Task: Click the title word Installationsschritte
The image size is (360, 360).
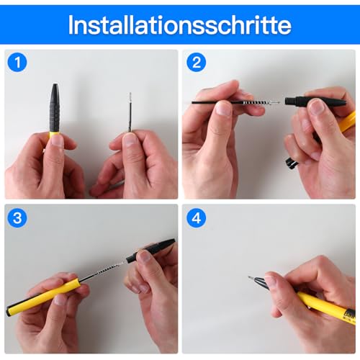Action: [x=179, y=24]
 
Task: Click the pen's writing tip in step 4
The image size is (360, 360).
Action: [x=251, y=277]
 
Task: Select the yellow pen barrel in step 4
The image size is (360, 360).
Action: [x=324, y=305]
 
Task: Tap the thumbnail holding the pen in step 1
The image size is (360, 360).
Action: [x=56, y=141]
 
